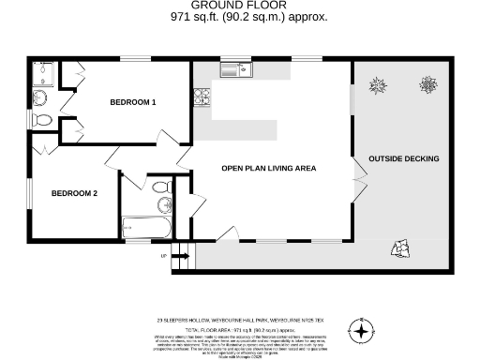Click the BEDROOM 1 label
pyautogui.click(x=132, y=101)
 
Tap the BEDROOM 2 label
pyautogui.click(x=74, y=194)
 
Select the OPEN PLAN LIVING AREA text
pyautogui.click(x=268, y=169)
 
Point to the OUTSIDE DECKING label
pyautogui.click(x=403, y=158)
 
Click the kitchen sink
pyautogui.click(x=233, y=68)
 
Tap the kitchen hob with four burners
pyautogui.click(x=200, y=96)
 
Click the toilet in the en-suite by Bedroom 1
pyautogui.click(x=42, y=120)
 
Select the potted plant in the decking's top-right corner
pyautogui.click(x=428, y=84)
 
